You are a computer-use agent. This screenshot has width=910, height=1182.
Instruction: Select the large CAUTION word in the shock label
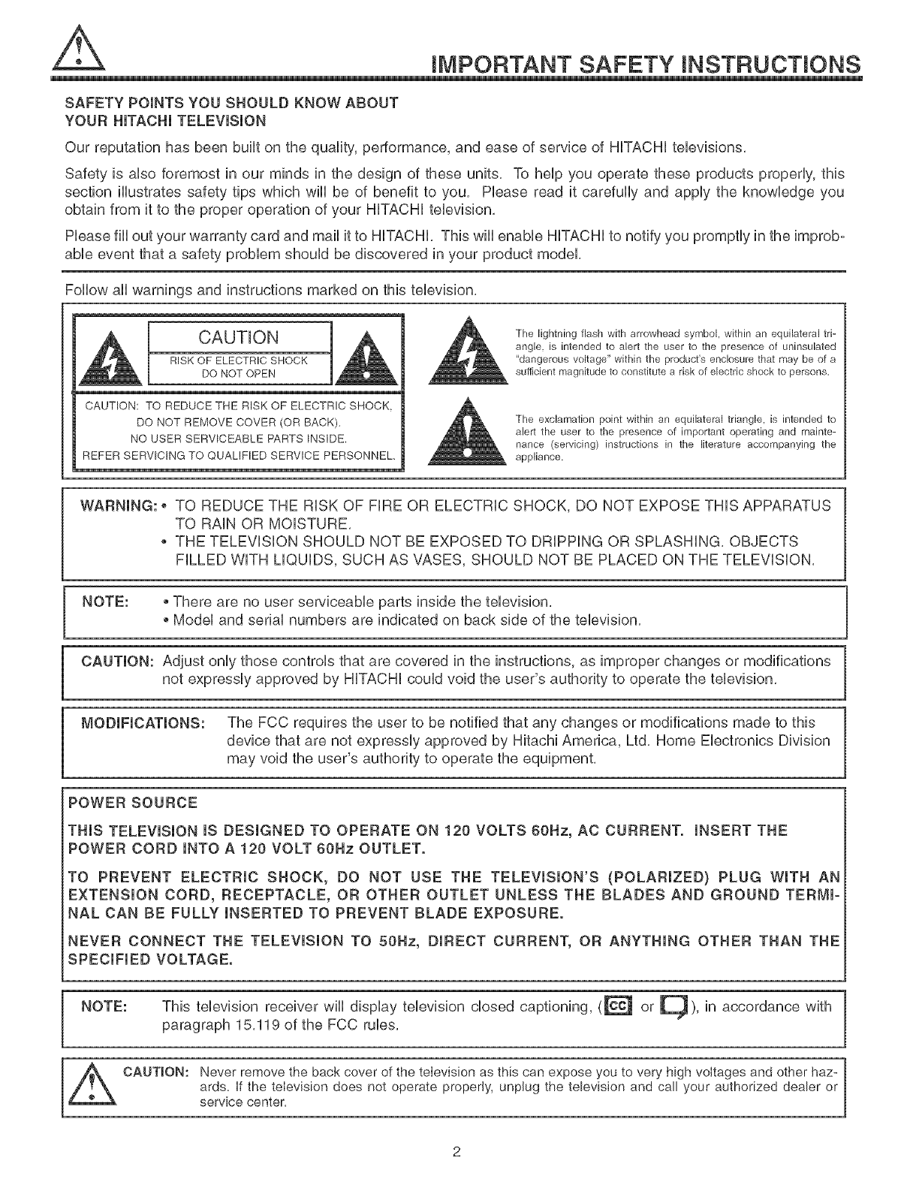coord(239,336)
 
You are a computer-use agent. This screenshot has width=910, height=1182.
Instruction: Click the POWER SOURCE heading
coord(133,803)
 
